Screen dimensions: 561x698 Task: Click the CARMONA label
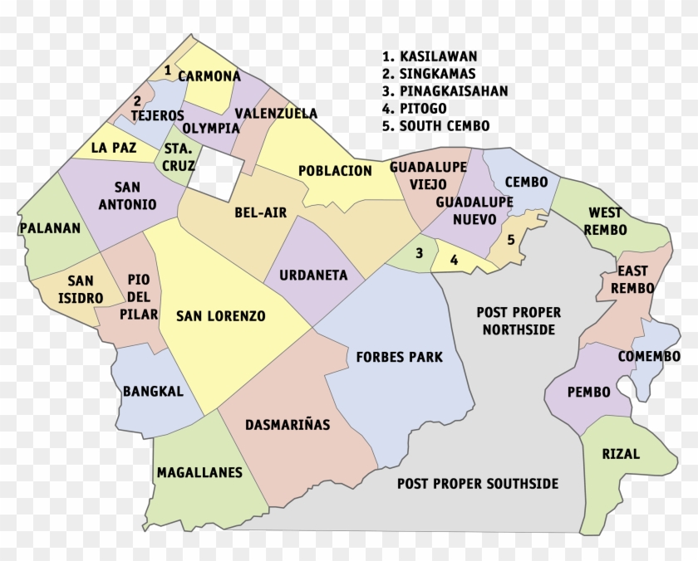(209, 76)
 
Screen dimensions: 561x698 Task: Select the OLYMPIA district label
(211, 129)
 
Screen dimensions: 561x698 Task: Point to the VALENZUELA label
(276, 113)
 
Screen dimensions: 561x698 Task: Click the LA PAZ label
(111, 149)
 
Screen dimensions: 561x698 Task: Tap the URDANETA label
(313, 275)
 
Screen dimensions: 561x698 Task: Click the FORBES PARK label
(399, 358)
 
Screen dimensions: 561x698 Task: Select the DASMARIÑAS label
(288, 425)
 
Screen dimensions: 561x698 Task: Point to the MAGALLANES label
(199, 473)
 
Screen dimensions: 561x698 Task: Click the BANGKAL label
(153, 392)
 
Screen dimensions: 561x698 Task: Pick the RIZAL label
(622, 454)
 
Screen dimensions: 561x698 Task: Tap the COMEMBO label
(649, 357)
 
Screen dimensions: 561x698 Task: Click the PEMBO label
(588, 392)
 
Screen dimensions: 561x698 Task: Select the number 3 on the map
(420, 252)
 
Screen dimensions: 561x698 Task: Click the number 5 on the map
(511, 240)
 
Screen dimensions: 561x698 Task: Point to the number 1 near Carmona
(168, 71)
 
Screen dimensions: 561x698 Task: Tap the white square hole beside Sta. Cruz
(221, 175)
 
